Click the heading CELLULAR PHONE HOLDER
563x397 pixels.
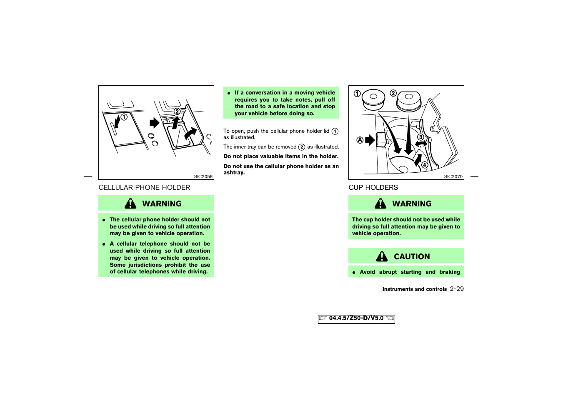click(x=144, y=188)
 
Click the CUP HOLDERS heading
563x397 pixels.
click(x=373, y=188)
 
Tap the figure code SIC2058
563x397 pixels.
click(x=203, y=176)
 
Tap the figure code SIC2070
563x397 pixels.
click(x=453, y=176)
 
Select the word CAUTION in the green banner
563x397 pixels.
click(x=412, y=257)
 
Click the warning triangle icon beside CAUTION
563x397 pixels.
click(x=382, y=256)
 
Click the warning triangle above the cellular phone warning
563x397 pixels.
click(x=130, y=203)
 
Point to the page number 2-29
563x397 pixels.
click(x=457, y=289)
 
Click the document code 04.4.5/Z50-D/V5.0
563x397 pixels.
click(x=356, y=318)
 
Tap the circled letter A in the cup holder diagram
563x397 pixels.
click(x=360, y=140)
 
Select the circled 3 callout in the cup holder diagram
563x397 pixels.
click(x=420, y=137)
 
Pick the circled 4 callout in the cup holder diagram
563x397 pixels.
click(x=425, y=165)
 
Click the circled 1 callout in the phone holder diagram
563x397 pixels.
click(x=124, y=117)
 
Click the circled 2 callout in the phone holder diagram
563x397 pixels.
click(x=177, y=112)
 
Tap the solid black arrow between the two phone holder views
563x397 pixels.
click(x=154, y=123)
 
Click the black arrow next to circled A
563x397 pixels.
click(x=370, y=140)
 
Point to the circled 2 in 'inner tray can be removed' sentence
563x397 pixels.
click(x=302, y=147)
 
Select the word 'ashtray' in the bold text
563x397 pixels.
click(x=233, y=173)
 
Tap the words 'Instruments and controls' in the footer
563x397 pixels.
click(x=414, y=289)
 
